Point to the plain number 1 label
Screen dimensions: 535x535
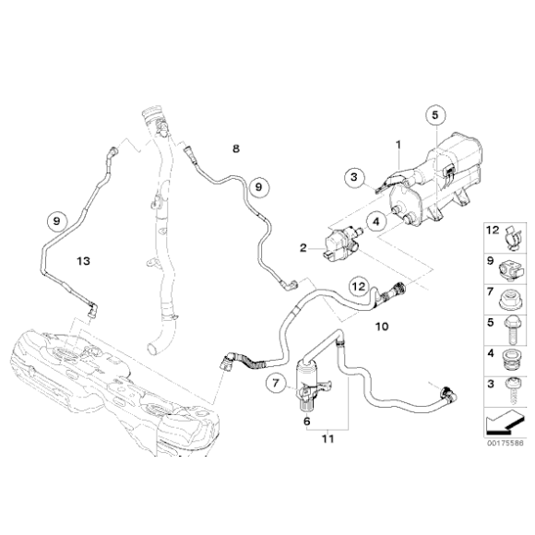point(398,145)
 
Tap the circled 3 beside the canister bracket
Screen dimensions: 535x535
point(353,176)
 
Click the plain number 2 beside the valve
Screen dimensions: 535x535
point(301,247)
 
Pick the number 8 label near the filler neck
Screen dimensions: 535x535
point(235,148)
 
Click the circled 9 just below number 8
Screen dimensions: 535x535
point(258,186)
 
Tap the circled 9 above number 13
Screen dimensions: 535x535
point(57,220)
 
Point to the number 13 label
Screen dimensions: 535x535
point(83,262)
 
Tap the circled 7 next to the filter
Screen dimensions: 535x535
point(276,382)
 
